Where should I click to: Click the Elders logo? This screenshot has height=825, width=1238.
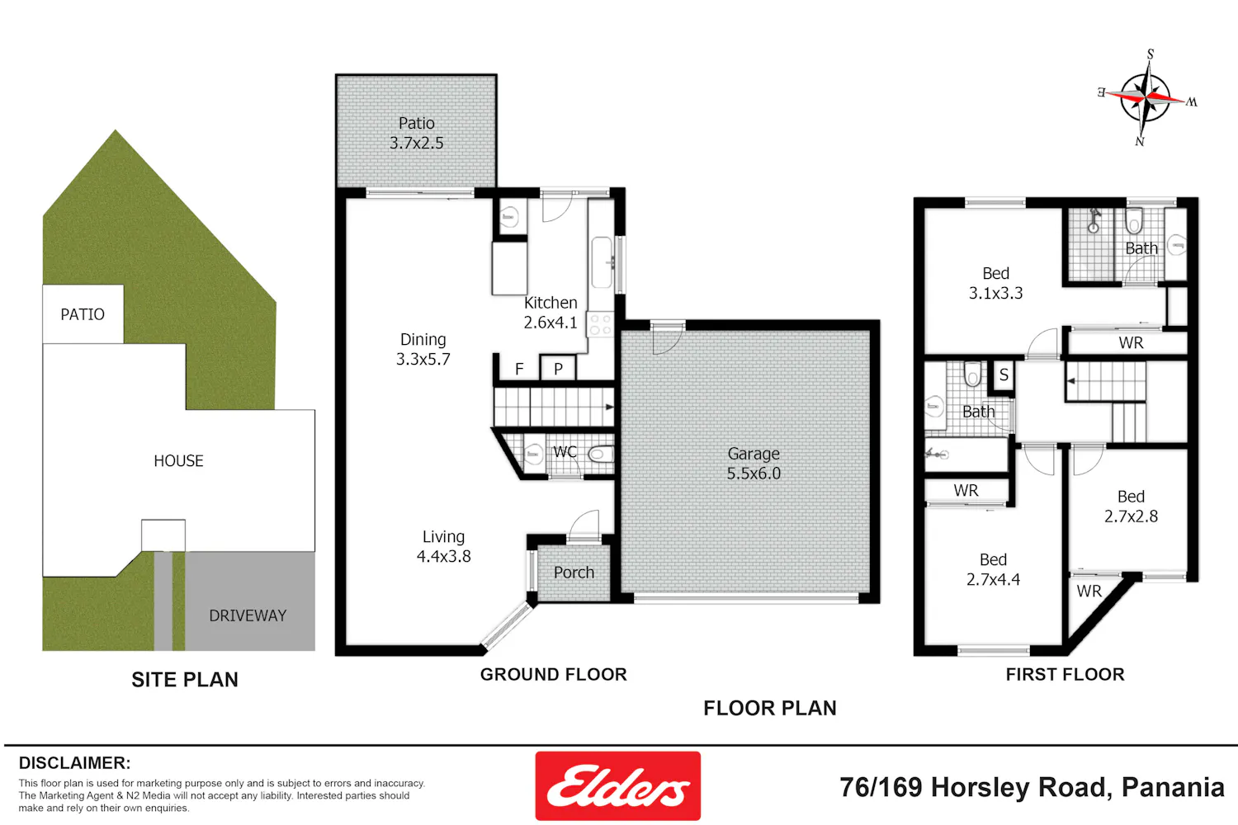617,785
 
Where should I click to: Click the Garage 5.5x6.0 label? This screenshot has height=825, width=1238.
754,463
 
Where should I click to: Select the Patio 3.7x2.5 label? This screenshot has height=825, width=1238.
416,133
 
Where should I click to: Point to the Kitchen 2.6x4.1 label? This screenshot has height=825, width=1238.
550,312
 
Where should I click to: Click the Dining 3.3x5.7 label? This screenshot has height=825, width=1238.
423,349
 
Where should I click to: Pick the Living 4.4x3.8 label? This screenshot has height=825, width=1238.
443,546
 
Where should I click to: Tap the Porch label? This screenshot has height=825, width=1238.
574,573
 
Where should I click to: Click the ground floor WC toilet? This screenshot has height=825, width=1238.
601,455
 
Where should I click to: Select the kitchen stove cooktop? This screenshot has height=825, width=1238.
600,324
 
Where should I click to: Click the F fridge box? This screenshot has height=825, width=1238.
519,368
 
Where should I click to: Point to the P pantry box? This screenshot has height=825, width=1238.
558,368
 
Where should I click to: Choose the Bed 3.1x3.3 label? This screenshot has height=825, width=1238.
995,283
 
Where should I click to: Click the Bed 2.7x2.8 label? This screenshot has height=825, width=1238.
1131,507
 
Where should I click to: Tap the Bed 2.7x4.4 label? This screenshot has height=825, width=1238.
993,569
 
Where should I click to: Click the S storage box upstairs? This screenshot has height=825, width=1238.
1004,375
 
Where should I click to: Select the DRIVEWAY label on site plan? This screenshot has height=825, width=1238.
248,615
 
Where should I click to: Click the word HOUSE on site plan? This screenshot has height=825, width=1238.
178,461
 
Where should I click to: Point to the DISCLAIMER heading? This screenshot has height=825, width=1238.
74,763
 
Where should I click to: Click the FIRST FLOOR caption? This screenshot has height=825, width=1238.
1065,675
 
